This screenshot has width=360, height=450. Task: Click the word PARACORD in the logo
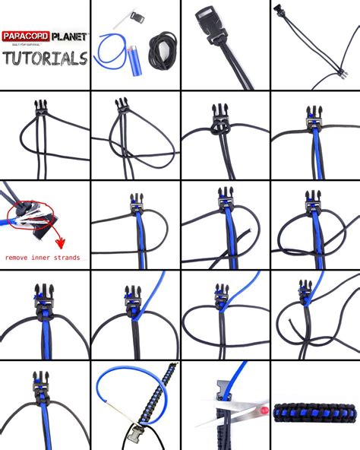pyautogui.click(x=24, y=36)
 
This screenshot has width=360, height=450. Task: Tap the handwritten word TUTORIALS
pyautogui.click(x=44, y=59)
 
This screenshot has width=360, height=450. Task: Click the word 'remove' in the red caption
pyautogui.click(x=20, y=258)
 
